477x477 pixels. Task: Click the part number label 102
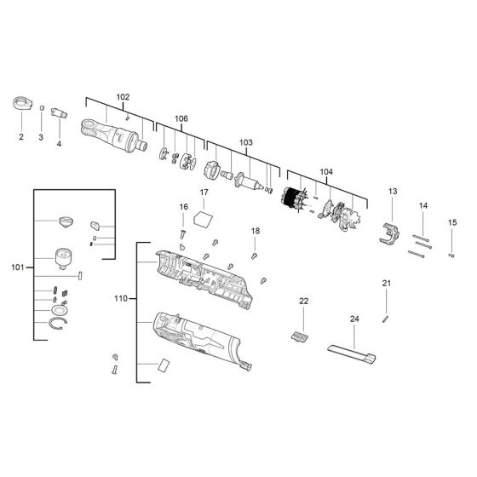(x=123, y=96)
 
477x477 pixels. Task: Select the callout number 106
(x=181, y=118)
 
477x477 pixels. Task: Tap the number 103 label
(x=246, y=141)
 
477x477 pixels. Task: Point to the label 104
(x=326, y=171)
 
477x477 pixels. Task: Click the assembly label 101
(x=18, y=267)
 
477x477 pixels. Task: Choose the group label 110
(x=121, y=299)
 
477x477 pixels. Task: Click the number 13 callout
(x=393, y=192)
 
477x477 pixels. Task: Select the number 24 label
(x=354, y=319)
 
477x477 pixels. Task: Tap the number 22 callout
(x=304, y=302)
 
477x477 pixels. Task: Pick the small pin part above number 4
(x=59, y=112)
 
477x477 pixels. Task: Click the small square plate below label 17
(x=203, y=218)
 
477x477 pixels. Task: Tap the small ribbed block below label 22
(x=299, y=338)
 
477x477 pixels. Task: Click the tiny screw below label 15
(x=452, y=253)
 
